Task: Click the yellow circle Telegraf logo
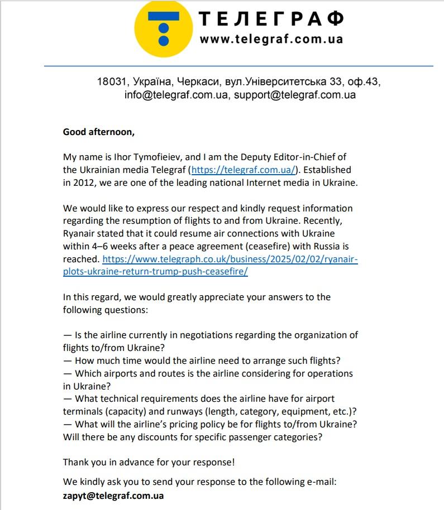pyautogui.click(x=163, y=28)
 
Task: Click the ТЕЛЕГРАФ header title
pyautogui.click(x=271, y=18)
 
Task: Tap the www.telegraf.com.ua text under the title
pyautogui.click(x=271, y=39)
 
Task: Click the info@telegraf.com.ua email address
pyautogui.click(x=176, y=94)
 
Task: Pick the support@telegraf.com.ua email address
pyautogui.click(x=295, y=94)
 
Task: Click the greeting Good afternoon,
pyautogui.click(x=99, y=132)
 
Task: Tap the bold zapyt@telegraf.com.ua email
pyautogui.click(x=113, y=495)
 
